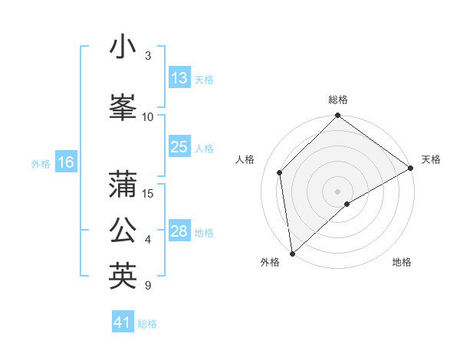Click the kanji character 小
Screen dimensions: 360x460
coord(123,47)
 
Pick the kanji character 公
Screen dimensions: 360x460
coord(123,230)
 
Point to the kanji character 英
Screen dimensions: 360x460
coord(123,275)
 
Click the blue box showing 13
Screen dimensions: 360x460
coord(179,78)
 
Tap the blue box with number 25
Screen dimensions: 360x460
coord(179,147)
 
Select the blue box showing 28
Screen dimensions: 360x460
coord(179,231)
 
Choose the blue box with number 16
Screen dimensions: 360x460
coord(66,162)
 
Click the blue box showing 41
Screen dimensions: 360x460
coord(123,322)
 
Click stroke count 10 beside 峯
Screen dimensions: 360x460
coord(148,116)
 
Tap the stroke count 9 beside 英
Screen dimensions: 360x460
coord(147,286)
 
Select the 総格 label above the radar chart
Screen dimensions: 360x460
coord(338,100)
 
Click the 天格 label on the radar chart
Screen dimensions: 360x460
coord(431,159)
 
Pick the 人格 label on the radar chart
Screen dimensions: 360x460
coord(245,159)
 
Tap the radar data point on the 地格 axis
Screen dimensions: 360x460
coord(347,204)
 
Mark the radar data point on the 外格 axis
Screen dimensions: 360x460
coord(292,253)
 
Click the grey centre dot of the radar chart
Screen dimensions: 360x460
coord(337,191)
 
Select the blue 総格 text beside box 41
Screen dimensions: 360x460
coord(147,324)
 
